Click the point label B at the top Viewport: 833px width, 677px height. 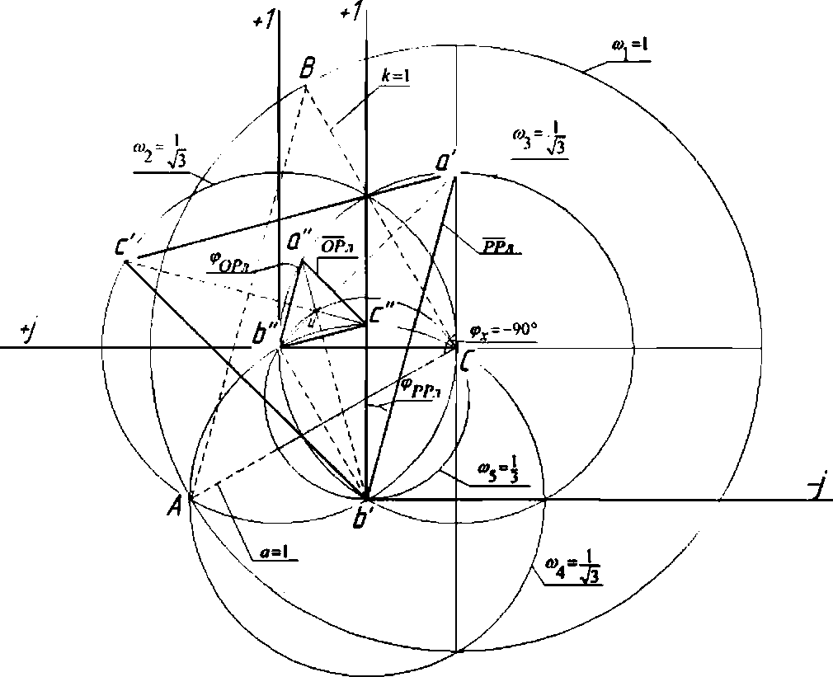[x=306, y=68]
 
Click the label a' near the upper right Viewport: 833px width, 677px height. [x=444, y=164]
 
